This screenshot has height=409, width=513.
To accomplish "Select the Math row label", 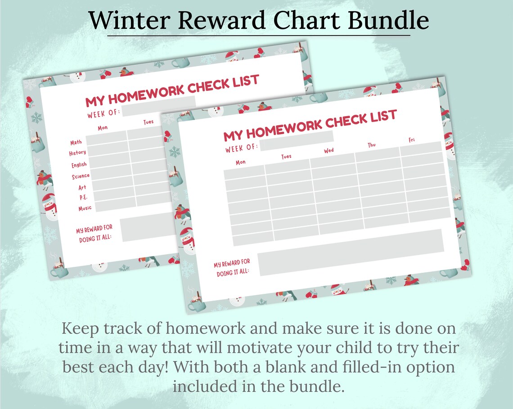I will click(76, 143).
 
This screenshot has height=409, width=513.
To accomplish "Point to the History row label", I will click(77, 153).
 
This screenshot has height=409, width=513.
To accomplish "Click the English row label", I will click(79, 165).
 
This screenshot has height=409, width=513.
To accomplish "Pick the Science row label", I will click(81, 176).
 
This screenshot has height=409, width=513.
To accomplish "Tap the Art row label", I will click(82, 188).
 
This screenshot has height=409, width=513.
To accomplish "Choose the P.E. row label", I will click(83, 198).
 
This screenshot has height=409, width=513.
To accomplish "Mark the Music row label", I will click(85, 208).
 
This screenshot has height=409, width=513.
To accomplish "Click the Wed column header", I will click(329, 150).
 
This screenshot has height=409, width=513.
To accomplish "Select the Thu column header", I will click(372, 145).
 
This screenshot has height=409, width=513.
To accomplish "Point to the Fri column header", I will click(411, 140).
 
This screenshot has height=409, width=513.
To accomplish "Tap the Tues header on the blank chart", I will click(286, 157).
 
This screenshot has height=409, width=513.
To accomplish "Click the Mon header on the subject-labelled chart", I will click(103, 128).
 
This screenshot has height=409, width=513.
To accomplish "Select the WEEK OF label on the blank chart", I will click(242, 147).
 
